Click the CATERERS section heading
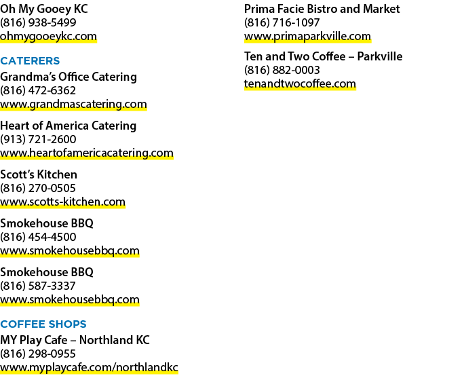(30, 61)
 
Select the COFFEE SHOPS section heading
(43, 324)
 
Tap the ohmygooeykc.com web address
(48, 37)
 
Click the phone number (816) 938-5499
(38, 23)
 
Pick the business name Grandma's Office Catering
(69, 77)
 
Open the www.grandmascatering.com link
(73, 105)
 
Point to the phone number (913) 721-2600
(38, 139)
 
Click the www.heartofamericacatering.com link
(87, 153)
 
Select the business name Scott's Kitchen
(39, 174)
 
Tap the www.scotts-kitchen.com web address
(62, 202)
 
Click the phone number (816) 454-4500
(38, 237)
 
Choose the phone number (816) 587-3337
(38, 286)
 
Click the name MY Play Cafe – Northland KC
(75, 340)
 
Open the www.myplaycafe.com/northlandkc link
(89, 368)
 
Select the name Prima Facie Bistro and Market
(322, 10)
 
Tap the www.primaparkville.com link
(308, 37)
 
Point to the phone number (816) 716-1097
(282, 23)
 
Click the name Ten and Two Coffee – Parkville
(323, 56)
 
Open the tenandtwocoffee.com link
(300, 84)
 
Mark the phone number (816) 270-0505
(38, 188)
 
